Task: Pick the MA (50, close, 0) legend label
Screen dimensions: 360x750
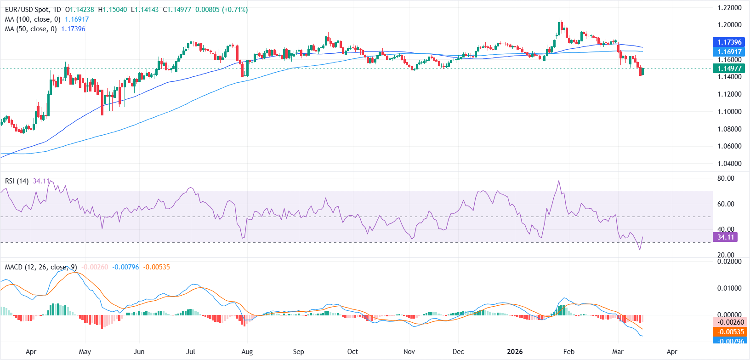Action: coord(31,29)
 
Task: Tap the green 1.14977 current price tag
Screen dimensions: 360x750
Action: coord(729,69)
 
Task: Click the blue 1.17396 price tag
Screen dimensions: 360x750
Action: coord(729,42)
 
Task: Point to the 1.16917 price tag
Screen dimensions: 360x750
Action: coord(729,52)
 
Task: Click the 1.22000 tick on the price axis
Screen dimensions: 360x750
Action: coord(729,8)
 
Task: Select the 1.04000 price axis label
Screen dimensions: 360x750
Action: coord(729,164)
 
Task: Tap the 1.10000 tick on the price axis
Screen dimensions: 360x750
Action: coord(729,112)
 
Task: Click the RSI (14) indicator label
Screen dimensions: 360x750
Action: coord(17,181)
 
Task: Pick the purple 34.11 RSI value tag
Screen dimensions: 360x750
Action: coord(726,237)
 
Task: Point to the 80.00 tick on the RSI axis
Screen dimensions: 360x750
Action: coord(726,178)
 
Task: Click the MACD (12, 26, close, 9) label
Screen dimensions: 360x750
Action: coord(41,267)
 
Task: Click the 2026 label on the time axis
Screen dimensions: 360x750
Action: coord(515,352)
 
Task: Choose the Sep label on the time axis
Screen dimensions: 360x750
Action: coord(298,352)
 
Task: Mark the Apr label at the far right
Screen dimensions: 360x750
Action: coord(672,352)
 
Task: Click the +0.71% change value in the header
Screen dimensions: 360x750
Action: coord(235,10)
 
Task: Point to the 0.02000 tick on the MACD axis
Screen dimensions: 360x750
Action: coord(729,262)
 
